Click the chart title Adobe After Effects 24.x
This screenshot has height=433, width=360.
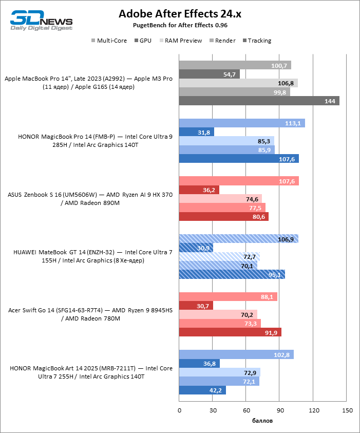coord(180,14)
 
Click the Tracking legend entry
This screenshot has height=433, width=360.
coord(259,41)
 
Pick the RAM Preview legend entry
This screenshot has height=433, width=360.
coord(183,41)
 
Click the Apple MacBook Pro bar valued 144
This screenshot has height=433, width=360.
coord(259,101)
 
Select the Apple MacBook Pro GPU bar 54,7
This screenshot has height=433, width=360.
coord(209,74)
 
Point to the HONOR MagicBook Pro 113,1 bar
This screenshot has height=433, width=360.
coord(241,123)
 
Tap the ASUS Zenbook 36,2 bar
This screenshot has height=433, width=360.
coord(199,190)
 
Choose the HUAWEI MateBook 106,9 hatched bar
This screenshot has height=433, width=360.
coord(238,239)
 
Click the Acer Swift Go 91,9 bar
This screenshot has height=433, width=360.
coord(230,332)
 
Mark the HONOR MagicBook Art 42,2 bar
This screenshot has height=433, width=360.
coord(202,390)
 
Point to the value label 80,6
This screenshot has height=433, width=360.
coord(258,217)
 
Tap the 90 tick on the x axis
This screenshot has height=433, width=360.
coord(280,410)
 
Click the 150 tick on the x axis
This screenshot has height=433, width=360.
coord(347,410)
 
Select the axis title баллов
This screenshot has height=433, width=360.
coord(262,421)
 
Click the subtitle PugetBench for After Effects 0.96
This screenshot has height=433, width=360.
coord(180,25)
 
